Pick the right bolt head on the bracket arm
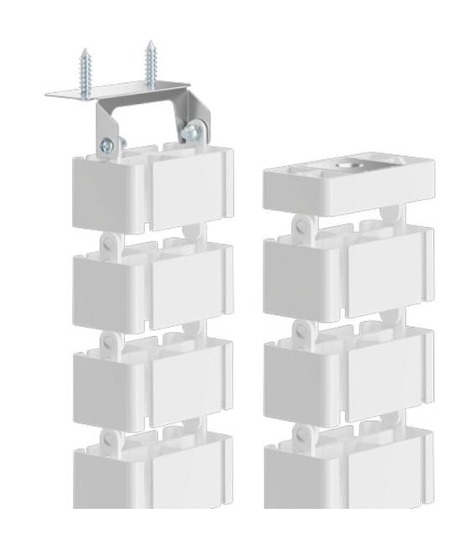pyautogui.click(x=196, y=130)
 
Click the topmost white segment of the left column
pyautogui.click(x=151, y=189)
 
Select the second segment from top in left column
pyautogui.click(x=151, y=285)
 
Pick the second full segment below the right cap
pyautogui.click(x=348, y=369)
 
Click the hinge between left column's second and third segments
pyautogui.click(x=109, y=339)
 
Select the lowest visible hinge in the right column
pyautogui.click(x=305, y=435)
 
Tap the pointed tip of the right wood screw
pyautogui.click(x=149, y=42)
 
